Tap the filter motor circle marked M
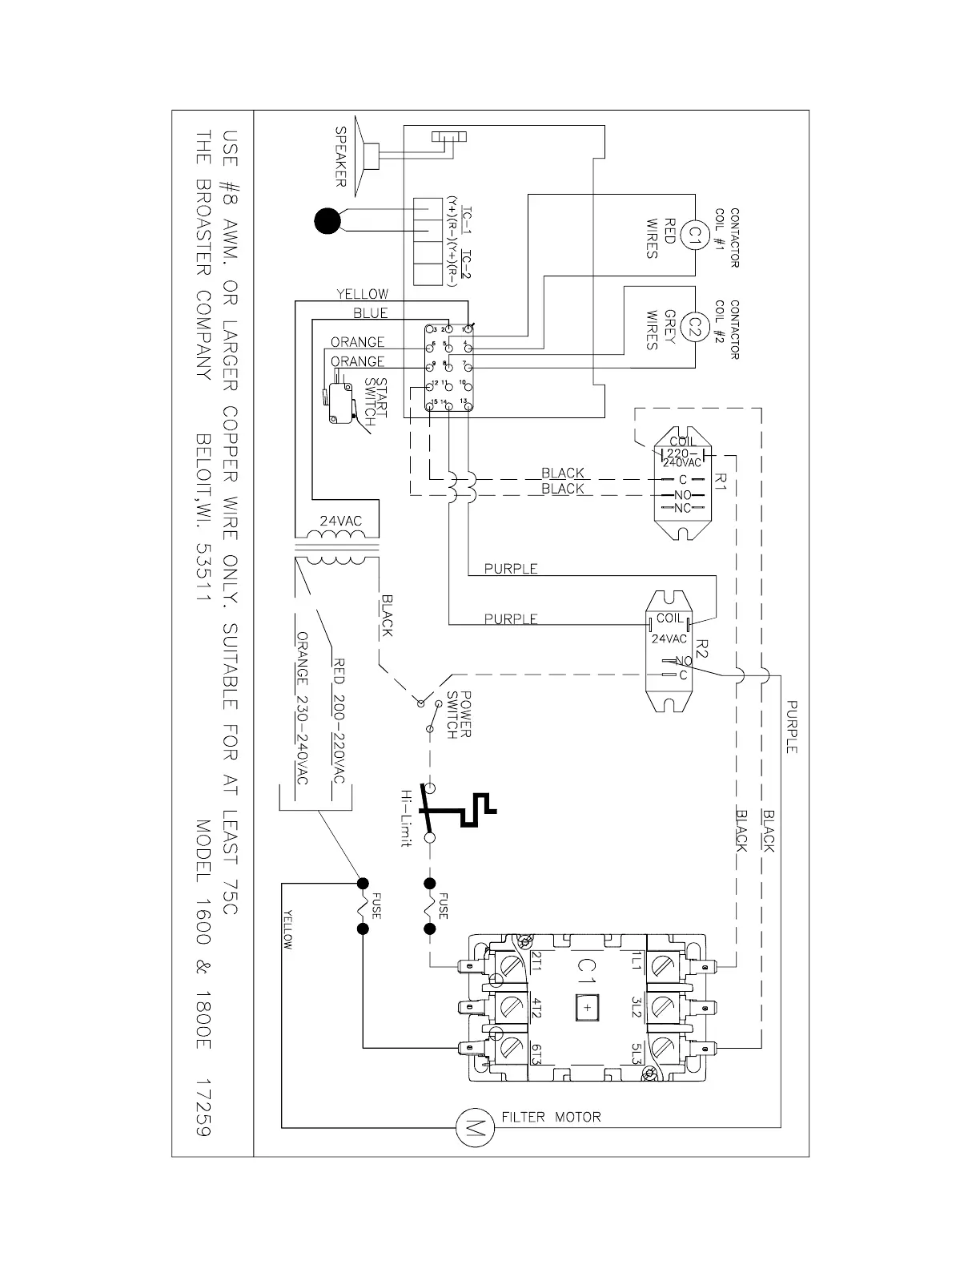click(470, 1128)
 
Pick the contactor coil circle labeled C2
click(694, 327)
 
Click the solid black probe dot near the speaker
click(327, 221)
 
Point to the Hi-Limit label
click(407, 817)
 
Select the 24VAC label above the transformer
click(341, 521)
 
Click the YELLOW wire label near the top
click(362, 294)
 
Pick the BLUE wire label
click(371, 313)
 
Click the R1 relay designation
click(719, 482)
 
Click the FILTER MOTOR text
click(551, 1116)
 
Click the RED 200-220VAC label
click(338, 722)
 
